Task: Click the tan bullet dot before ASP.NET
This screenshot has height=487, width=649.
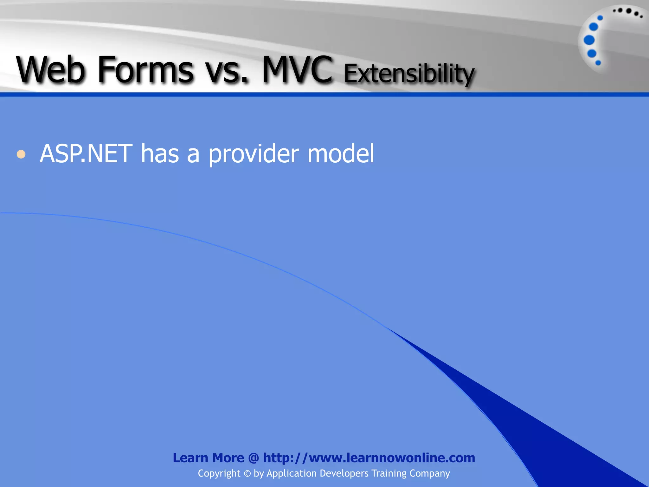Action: point(21,154)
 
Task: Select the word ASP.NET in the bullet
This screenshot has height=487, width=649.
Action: point(86,154)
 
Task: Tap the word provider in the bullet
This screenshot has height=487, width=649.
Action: point(254,154)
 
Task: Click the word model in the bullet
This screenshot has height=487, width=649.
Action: point(341,154)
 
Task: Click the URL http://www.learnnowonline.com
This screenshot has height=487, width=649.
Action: point(369,458)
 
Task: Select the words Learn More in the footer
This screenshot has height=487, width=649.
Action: point(208,458)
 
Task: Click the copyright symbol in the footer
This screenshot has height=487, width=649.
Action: point(247,474)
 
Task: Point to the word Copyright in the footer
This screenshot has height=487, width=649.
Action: point(219,473)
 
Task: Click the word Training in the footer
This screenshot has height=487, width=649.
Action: point(389,473)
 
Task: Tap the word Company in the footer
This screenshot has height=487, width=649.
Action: point(430,473)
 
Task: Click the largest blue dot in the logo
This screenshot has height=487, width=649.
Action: point(589,40)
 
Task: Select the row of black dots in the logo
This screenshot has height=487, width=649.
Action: point(627,12)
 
